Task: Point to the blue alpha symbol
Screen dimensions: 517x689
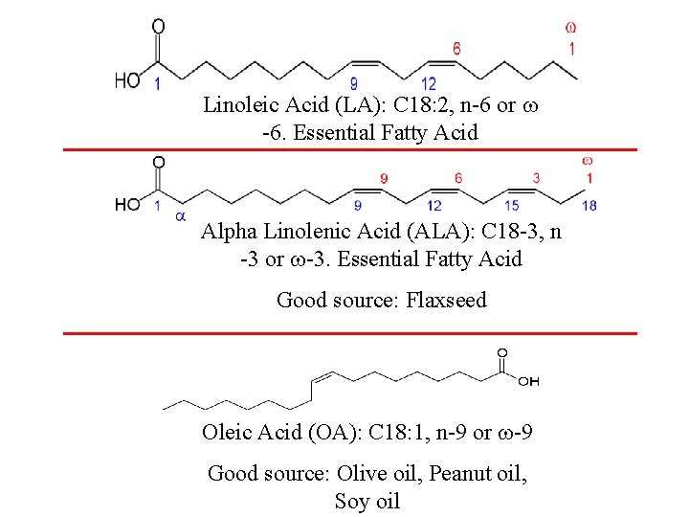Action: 180,216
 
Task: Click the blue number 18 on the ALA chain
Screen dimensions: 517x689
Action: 589,205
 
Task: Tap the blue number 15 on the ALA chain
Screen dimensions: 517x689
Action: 512,205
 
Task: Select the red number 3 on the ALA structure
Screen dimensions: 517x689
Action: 536,178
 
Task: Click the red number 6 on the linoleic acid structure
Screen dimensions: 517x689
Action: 456,48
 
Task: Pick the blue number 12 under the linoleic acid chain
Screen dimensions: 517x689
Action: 428,84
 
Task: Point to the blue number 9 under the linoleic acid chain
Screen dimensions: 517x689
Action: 354,84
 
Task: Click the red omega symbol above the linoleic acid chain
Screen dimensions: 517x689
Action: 570,28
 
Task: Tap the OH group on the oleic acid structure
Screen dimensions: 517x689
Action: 528,381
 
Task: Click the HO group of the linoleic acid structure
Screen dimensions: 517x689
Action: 128,79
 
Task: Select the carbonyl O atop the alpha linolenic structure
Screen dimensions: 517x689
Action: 159,163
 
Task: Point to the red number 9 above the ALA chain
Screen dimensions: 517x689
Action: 384,178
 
